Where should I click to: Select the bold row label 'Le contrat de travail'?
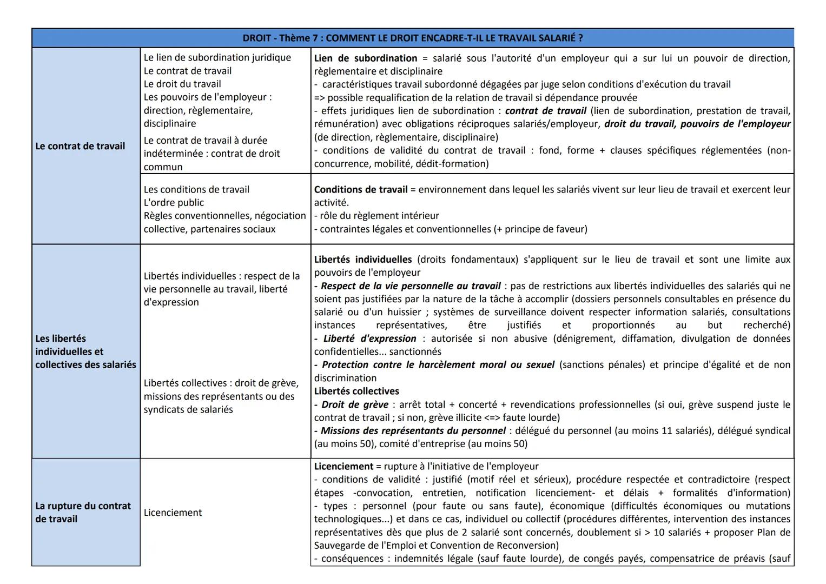(x=80, y=146)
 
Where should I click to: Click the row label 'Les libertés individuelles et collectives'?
(x=85, y=351)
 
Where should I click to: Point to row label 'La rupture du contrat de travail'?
(x=83, y=512)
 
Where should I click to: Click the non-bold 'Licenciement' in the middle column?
(x=173, y=513)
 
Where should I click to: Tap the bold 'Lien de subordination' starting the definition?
(x=366, y=58)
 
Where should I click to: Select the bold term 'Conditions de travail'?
(x=361, y=190)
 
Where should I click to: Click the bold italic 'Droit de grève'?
(x=355, y=404)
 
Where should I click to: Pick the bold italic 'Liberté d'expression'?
(x=370, y=339)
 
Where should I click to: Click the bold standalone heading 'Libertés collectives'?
(x=356, y=391)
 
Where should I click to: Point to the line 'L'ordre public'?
(x=174, y=203)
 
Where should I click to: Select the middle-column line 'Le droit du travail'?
(x=182, y=84)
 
